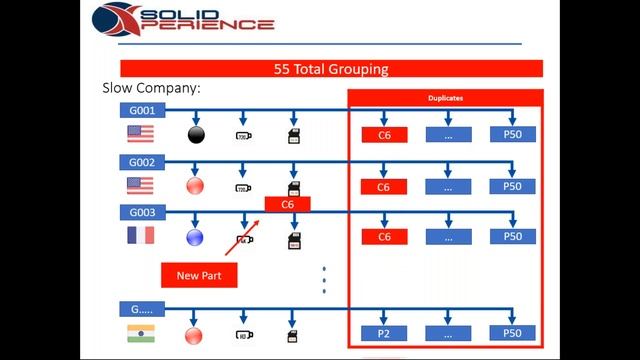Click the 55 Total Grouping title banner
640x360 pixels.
click(x=331, y=69)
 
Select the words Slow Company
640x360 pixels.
click(x=152, y=88)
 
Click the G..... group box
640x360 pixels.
click(x=141, y=309)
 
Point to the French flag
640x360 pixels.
click(x=140, y=236)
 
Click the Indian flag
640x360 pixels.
click(x=140, y=333)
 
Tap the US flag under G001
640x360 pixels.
click(x=140, y=134)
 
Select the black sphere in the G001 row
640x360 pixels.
click(x=196, y=134)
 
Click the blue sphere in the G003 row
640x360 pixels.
click(x=196, y=237)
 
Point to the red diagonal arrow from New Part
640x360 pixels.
click(x=241, y=239)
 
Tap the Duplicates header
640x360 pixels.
click(x=445, y=99)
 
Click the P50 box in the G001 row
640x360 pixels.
click(x=512, y=134)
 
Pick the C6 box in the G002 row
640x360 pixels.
click(x=384, y=187)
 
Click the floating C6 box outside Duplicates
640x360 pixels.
click(x=287, y=204)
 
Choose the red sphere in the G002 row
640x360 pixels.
click(x=196, y=186)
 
